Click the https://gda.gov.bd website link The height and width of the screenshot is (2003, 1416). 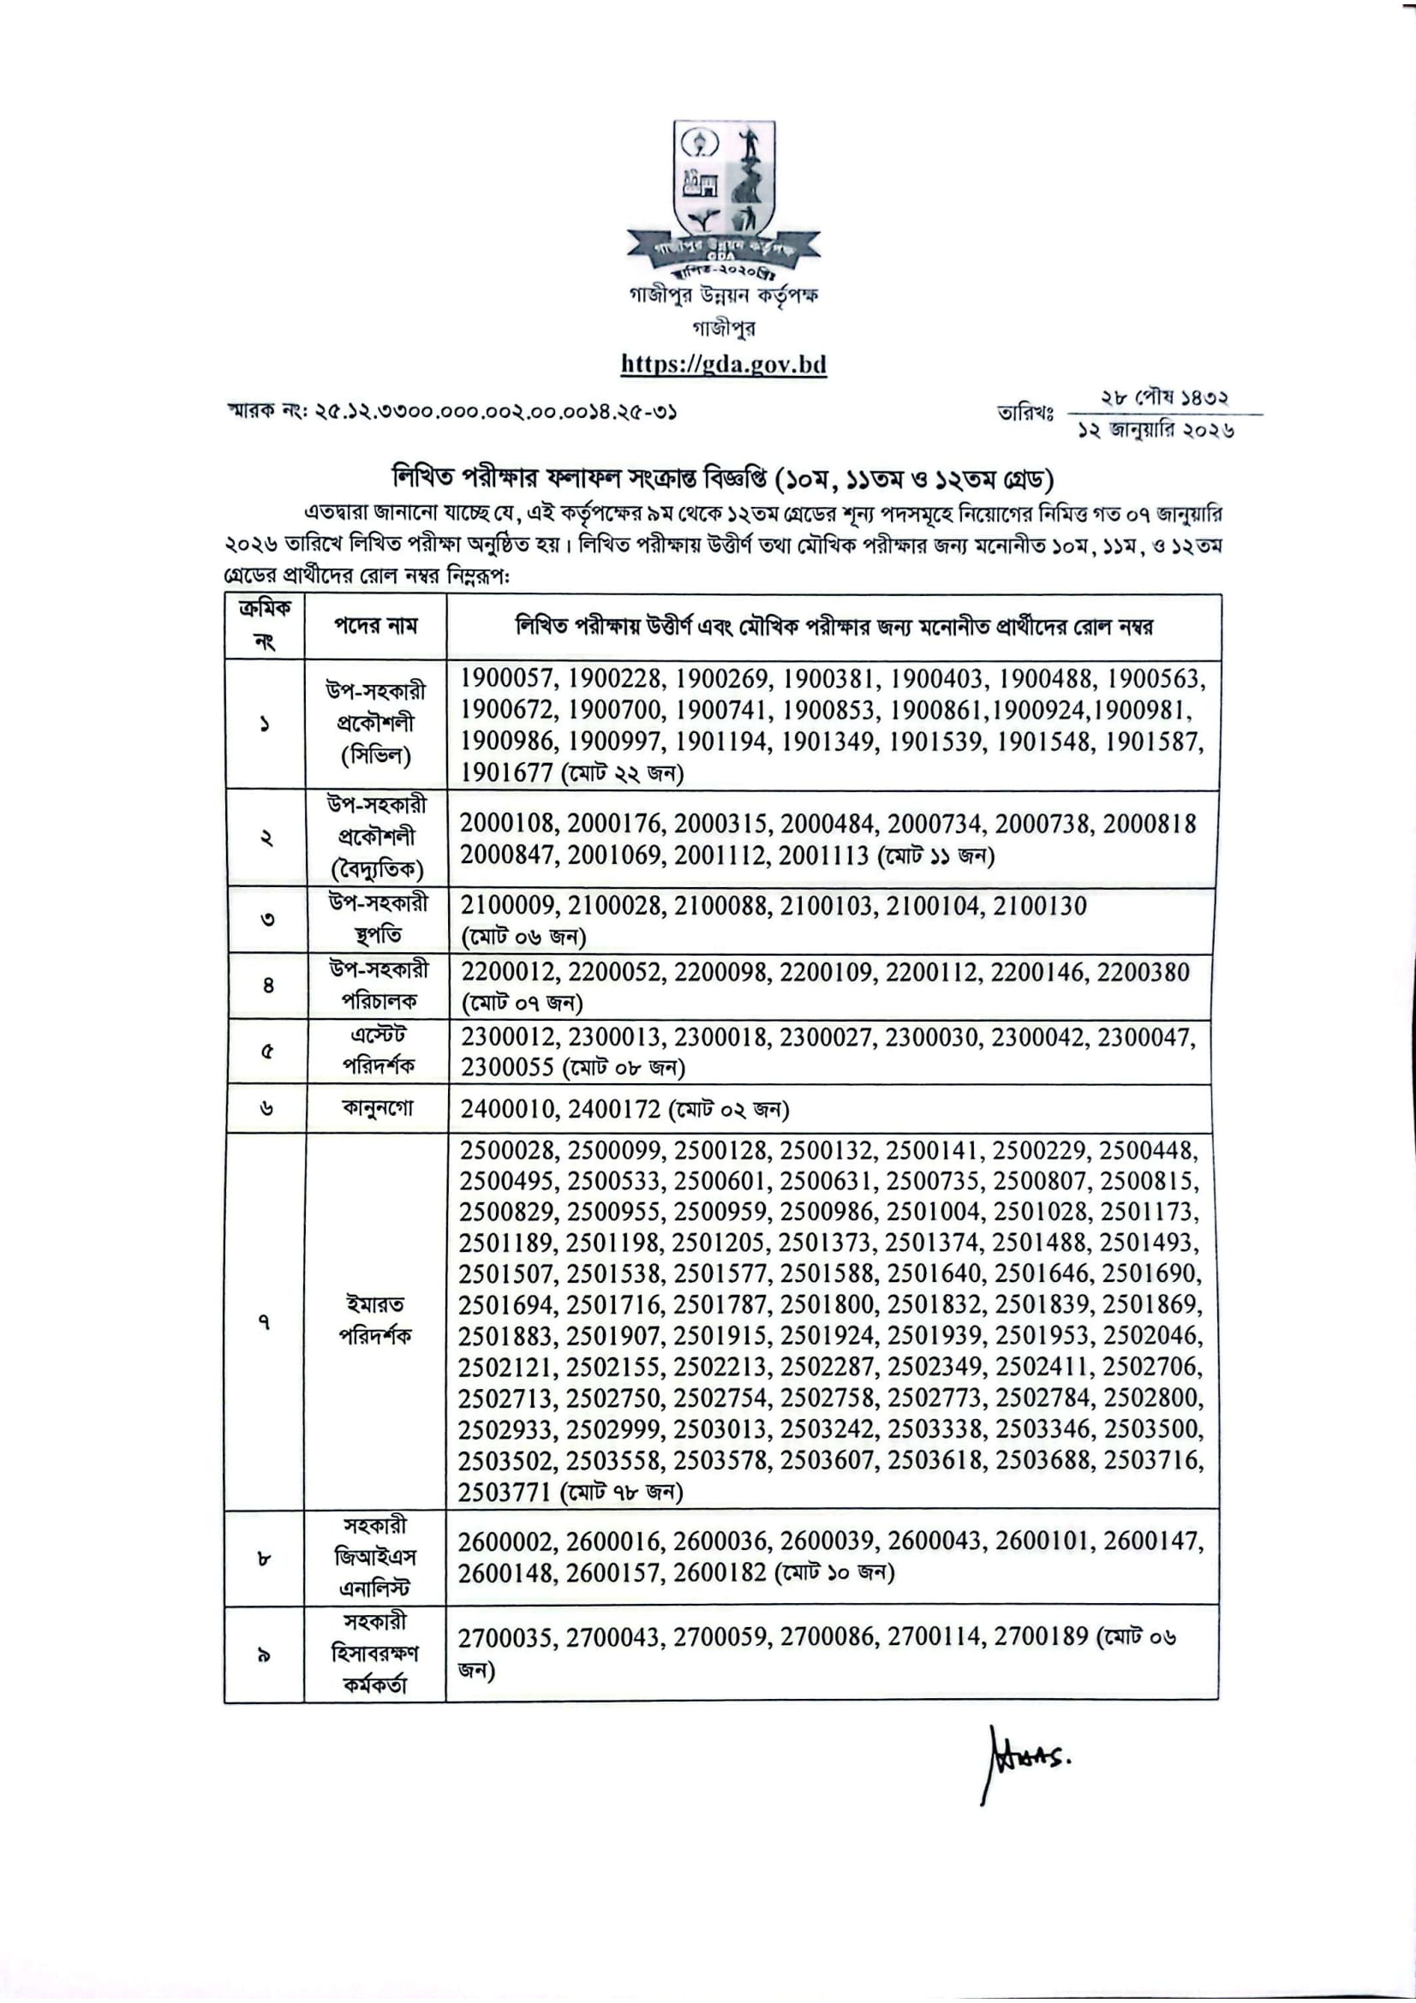(x=723, y=364)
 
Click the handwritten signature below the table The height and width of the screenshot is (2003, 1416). (x=1026, y=1761)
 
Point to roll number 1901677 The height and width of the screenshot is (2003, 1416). (x=507, y=773)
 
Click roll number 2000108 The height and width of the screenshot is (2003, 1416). (x=507, y=824)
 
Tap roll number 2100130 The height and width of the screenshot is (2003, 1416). (x=1040, y=906)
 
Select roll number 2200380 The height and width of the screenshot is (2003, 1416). (x=1143, y=972)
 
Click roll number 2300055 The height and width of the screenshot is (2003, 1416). (x=507, y=1068)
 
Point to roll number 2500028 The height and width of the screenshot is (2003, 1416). (x=507, y=1151)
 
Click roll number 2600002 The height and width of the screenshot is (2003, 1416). (x=506, y=1542)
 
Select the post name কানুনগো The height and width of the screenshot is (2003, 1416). (x=377, y=1109)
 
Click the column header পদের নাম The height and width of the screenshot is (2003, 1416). (x=376, y=625)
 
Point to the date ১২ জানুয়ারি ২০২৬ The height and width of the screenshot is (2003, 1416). (x=1157, y=431)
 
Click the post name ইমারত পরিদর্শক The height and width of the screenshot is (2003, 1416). (x=376, y=1320)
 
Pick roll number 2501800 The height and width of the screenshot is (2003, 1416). (x=827, y=1305)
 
